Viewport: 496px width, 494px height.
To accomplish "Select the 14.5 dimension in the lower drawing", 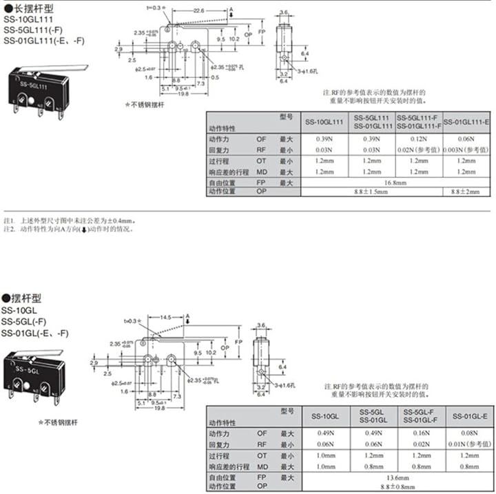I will [x=165, y=318].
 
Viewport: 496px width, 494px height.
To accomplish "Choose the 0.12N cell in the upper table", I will [x=417, y=138].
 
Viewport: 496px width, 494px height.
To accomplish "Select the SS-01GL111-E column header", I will [x=466, y=121].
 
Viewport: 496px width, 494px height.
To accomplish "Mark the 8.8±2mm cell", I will [x=466, y=192].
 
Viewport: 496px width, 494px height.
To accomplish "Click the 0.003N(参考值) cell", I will [x=466, y=150].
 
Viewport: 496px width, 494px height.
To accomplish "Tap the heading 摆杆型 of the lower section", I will [x=25, y=298].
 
